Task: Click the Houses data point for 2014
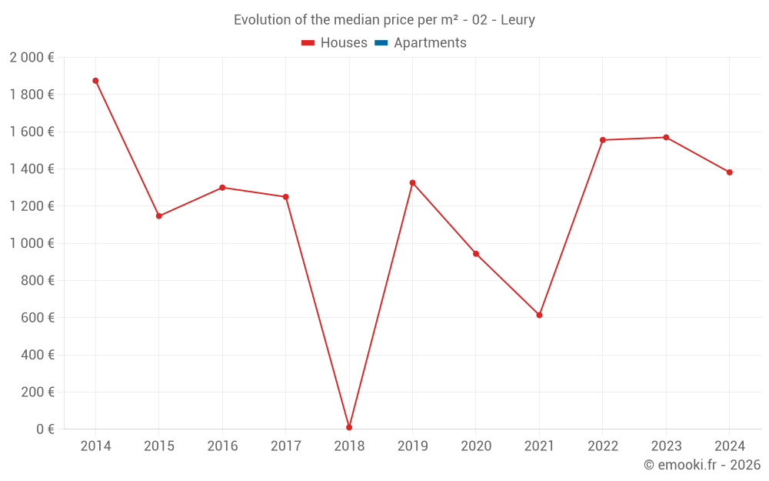[x=95, y=81]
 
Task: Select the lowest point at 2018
[x=349, y=427]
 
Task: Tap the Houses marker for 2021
[x=539, y=315]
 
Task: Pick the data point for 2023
[x=666, y=138]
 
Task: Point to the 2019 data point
[x=412, y=182]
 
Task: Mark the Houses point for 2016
[x=222, y=188]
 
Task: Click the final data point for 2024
[x=729, y=172]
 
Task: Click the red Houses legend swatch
[x=308, y=43]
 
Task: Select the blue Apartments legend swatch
[x=381, y=43]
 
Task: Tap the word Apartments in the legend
[x=430, y=43]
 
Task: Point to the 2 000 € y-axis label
[x=32, y=58]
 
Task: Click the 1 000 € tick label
[x=32, y=243]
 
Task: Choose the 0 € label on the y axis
[x=45, y=429]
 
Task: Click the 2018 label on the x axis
[x=349, y=446]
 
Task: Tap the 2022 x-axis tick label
[x=603, y=446]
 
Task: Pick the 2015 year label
[x=159, y=446]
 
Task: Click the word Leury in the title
[x=518, y=20]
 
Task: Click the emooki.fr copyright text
[x=702, y=465]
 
